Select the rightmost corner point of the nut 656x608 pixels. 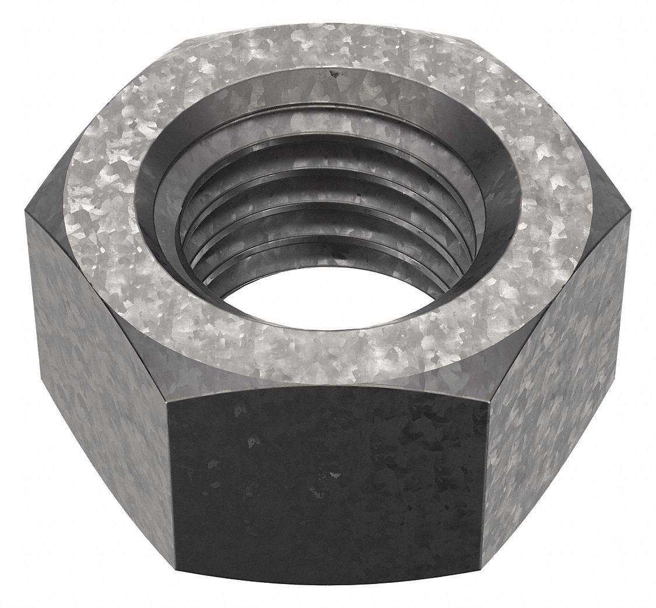point(630,219)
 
